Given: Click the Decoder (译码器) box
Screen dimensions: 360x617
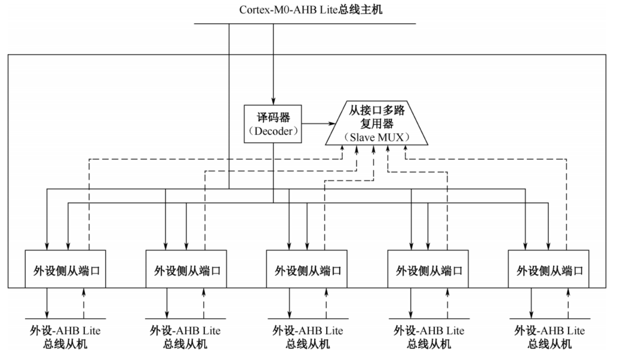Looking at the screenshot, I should click(x=273, y=124).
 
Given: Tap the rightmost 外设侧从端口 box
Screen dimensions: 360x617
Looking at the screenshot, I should click(x=548, y=269).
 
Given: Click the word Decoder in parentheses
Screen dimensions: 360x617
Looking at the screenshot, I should click(x=273, y=131).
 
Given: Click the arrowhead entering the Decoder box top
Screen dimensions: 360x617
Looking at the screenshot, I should click(x=274, y=101).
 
